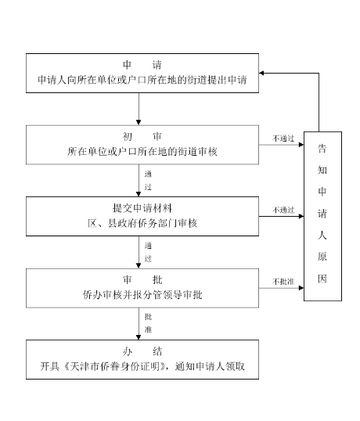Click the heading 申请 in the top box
click(x=142, y=65)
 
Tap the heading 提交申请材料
click(x=142, y=208)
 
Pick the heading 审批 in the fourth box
click(x=142, y=279)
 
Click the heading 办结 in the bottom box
click(x=142, y=351)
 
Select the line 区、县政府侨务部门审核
click(x=142, y=223)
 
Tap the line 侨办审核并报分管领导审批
click(x=142, y=295)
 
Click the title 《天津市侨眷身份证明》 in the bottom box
click(x=114, y=366)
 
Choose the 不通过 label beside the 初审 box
click(x=283, y=138)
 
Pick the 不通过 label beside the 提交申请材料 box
click(x=283, y=210)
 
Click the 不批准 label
click(x=283, y=281)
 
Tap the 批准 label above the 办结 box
click(x=147, y=323)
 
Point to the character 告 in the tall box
click(x=322, y=147)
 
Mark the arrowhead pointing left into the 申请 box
click(x=264, y=73)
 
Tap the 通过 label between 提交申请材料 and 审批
click(x=147, y=251)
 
